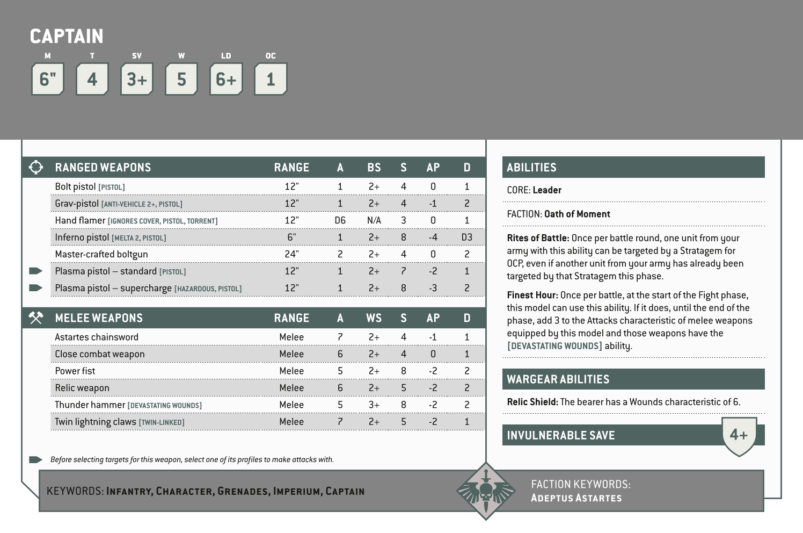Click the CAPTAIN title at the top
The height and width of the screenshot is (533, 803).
(x=67, y=36)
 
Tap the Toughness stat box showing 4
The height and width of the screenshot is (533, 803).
(x=92, y=79)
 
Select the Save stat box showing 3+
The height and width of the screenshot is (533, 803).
(x=137, y=79)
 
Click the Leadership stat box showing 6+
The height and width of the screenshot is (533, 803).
(x=226, y=79)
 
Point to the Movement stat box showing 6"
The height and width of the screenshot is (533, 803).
(x=48, y=79)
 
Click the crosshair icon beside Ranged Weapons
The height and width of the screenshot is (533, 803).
(x=36, y=167)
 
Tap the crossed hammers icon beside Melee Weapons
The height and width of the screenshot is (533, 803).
(x=36, y=318)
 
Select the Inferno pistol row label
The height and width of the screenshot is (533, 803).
(x=82, y=237)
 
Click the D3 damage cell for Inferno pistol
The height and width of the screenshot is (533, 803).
(x=466, y=237)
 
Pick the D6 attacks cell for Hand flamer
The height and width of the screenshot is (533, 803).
(x=340, y=220)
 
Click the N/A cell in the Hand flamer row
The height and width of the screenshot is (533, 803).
(x=374, y=220)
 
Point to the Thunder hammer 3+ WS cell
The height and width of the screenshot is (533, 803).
(x=374, y=405)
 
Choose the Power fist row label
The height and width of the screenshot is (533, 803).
(x=75, y=371)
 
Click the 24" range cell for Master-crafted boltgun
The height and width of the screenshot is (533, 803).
(x=291, y=254)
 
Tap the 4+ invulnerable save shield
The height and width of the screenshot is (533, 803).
(x=739, y=435)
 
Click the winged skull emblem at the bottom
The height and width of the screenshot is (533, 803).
(x=485, y=491)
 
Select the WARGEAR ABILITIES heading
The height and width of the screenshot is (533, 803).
(x=558, y=379)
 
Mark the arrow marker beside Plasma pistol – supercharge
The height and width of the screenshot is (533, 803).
(x=36, y=288)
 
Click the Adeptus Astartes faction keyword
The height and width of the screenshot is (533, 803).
(x=576, y=498)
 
